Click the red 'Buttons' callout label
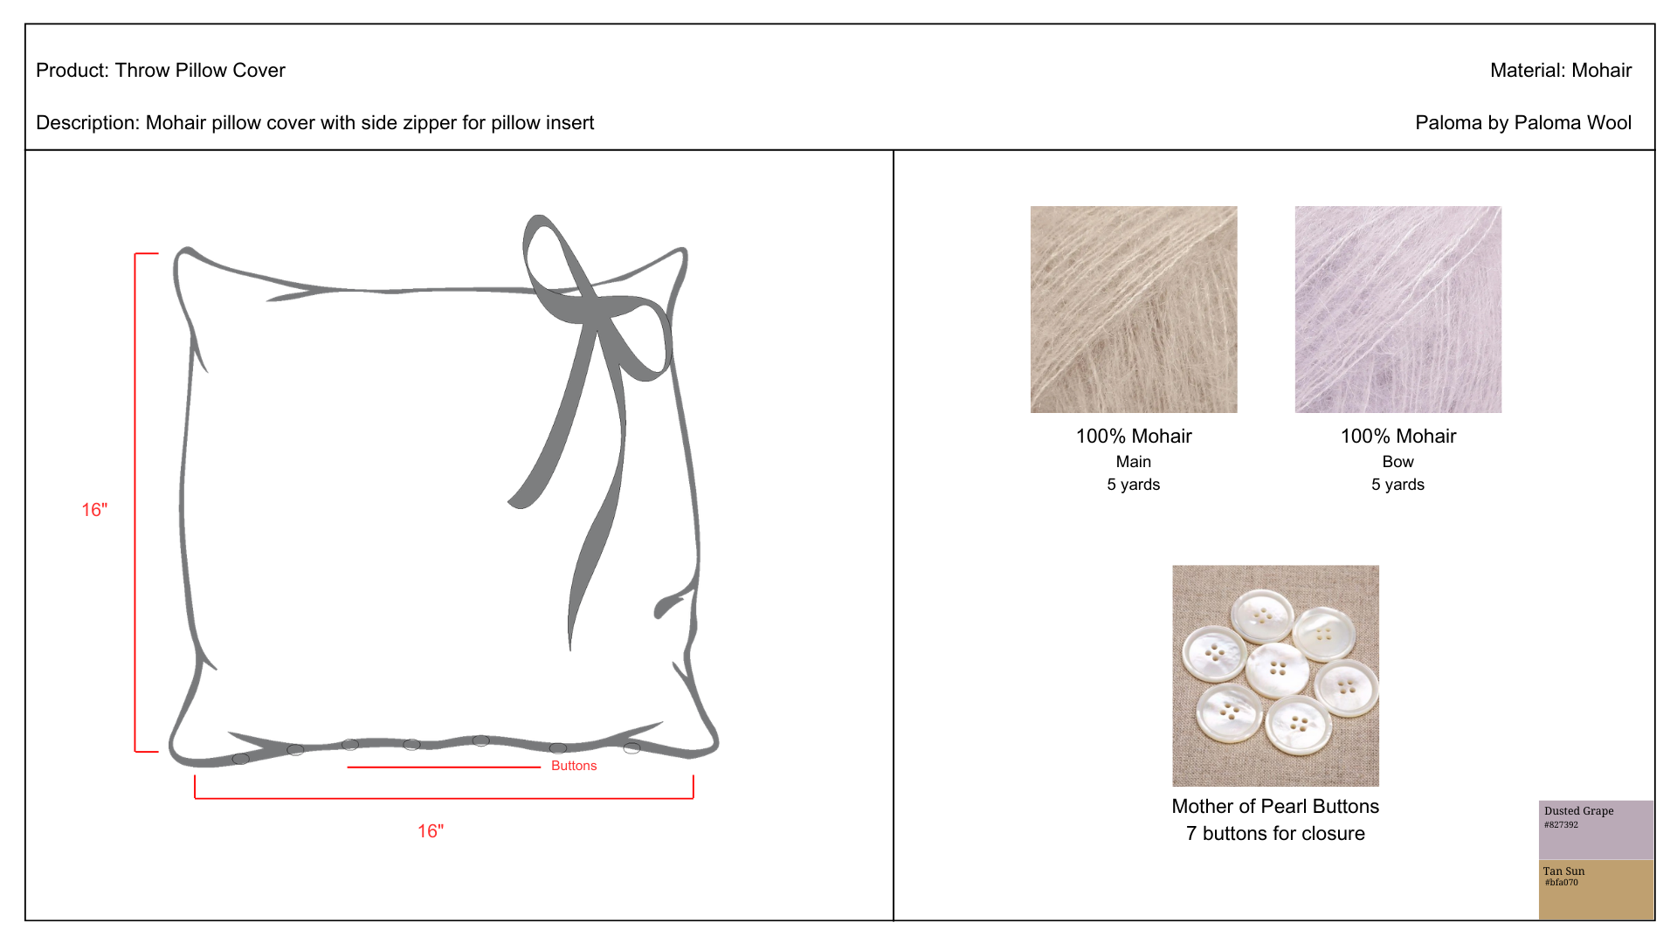(574, 766)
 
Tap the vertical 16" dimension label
(94, 510)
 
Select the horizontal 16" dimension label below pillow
(431, 831)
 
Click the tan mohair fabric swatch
(1134, 309)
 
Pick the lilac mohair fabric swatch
(1397, 309)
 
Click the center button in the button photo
(1278, 670)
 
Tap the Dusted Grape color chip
(1596, 829)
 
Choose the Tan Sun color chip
(1596, 890)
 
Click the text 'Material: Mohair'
(1561, 70)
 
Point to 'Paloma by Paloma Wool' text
(1523, 122)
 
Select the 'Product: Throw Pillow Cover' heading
(161, 70)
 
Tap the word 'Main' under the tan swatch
(1134, 462)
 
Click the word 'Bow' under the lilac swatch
(1397, 462)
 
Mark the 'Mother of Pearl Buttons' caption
(1275, 806)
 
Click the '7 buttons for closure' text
(1275, 833)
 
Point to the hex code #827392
(1561, 824)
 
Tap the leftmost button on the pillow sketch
(241, 759)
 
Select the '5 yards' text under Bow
(1397, 485)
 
